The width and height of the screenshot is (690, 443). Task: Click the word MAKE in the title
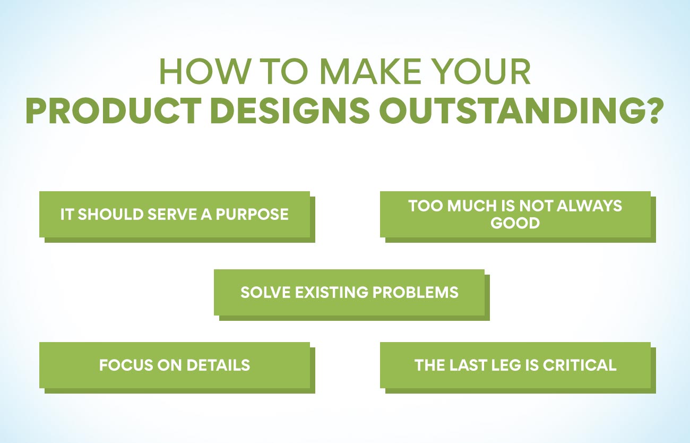click(x=370, y=71)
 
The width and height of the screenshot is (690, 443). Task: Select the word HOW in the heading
click(x=204, y=71)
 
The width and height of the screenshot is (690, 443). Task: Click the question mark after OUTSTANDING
click(x=651, y=110)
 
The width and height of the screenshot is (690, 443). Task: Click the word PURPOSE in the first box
click(x=252, y=214)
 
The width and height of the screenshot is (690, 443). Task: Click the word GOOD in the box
click(x=515, y=223)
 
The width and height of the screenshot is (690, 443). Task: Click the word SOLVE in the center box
click(x=265, y=292)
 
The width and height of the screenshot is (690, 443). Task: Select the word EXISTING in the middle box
click(x=331, y=292)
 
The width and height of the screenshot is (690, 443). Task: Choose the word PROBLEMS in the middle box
click(x=416, y=292)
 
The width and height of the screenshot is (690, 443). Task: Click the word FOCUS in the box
click(x=126, y=365)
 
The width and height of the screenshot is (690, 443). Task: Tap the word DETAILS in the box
click(x=218, y=365)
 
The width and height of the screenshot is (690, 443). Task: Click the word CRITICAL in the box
click(x=580, y=365)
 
